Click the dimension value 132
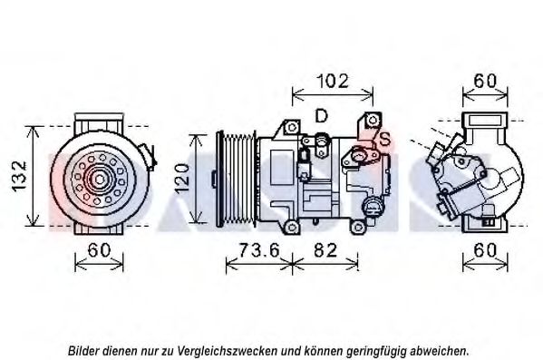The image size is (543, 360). tap(20, 176)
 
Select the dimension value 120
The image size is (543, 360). tap(182, 179)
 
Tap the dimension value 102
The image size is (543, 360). tap(333, 82)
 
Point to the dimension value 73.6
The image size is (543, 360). tap(259, 250)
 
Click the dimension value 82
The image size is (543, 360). tap(325, 250)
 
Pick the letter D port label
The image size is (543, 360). tap(322, 116)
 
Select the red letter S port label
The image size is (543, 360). tap(384, 140)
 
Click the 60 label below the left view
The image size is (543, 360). tap(99, 250)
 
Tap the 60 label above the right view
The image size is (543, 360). tap(485, 82)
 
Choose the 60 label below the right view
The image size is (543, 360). tap(485, 250)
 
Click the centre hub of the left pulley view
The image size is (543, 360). tap(100, 180)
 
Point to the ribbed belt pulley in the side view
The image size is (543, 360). tap(237, 179)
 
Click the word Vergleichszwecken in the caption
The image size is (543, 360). tap(227, 351)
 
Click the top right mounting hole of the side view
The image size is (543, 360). tap(373, 120)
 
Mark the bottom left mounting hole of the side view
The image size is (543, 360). tap(293, 228)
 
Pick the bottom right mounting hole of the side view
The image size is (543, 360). tap(357, 228)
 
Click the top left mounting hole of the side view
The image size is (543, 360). tap(292, 127)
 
